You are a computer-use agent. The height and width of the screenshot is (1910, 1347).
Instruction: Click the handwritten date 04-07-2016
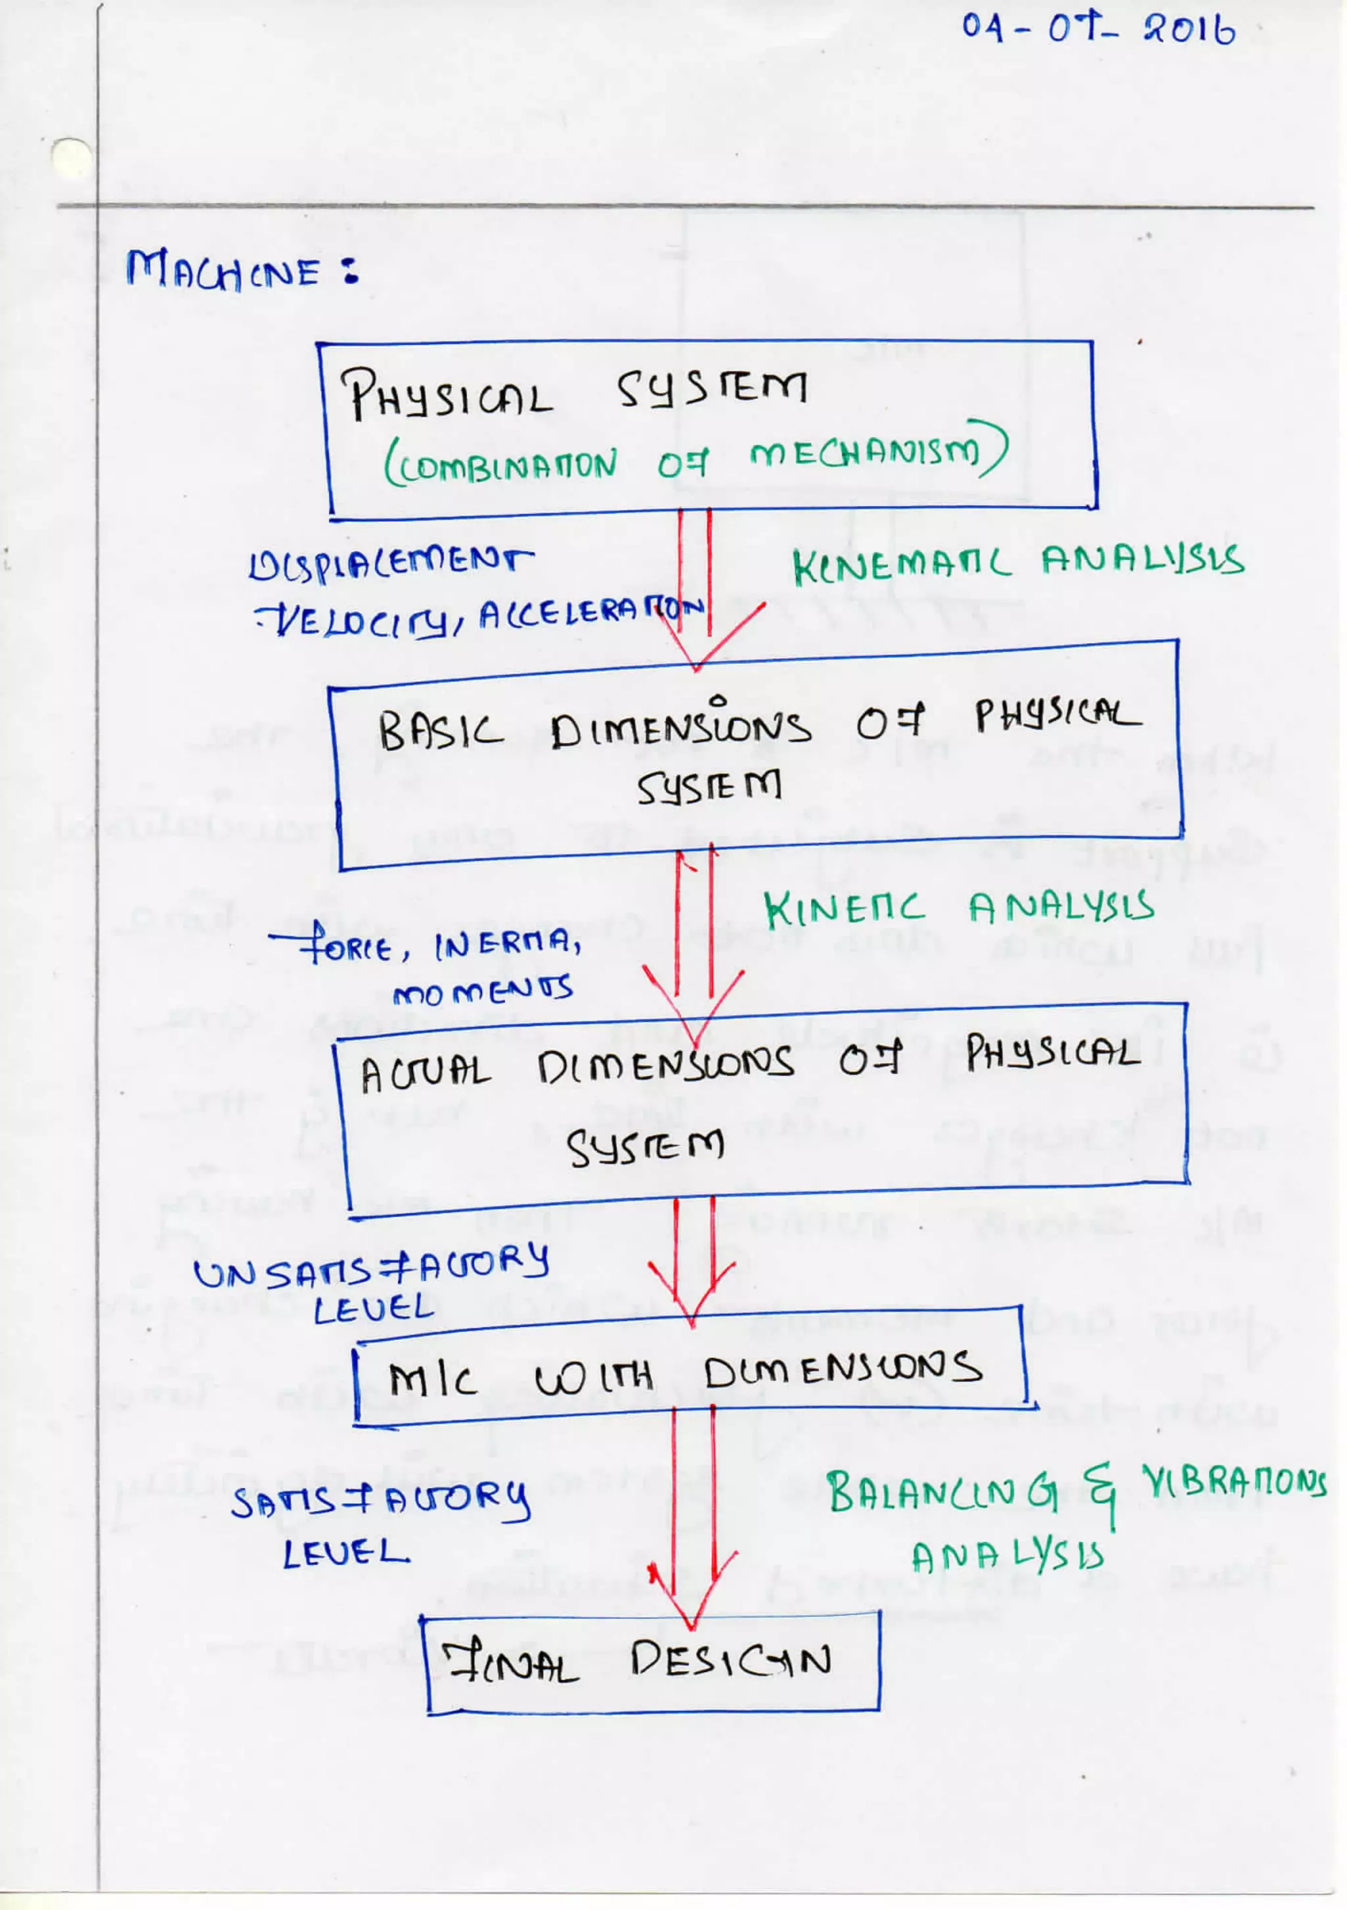coord(1098,29)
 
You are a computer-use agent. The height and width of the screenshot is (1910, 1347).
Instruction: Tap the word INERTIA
coord(507,944)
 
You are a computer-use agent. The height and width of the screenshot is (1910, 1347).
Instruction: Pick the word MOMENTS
coord(482,990)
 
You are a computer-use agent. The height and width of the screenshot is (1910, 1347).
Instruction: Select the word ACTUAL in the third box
coord(425,1072)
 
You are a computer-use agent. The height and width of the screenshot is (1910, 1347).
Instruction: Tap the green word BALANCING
coord(940,1491)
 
